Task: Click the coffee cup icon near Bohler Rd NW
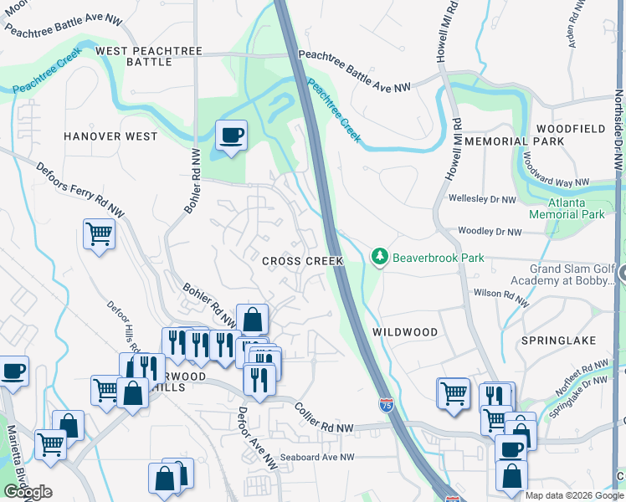(230, 134)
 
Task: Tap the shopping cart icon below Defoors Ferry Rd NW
(99, 233)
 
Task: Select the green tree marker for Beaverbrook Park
(380, 256)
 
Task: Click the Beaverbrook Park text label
(439, 259)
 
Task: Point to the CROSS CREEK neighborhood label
(303, 261)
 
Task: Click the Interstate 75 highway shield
(386, 405)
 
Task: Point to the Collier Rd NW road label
(325, 417)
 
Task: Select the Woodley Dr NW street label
(489, 232)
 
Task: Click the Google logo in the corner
(28, 492)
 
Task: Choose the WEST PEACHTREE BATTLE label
(149, 56)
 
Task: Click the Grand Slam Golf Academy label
(559, 274)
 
